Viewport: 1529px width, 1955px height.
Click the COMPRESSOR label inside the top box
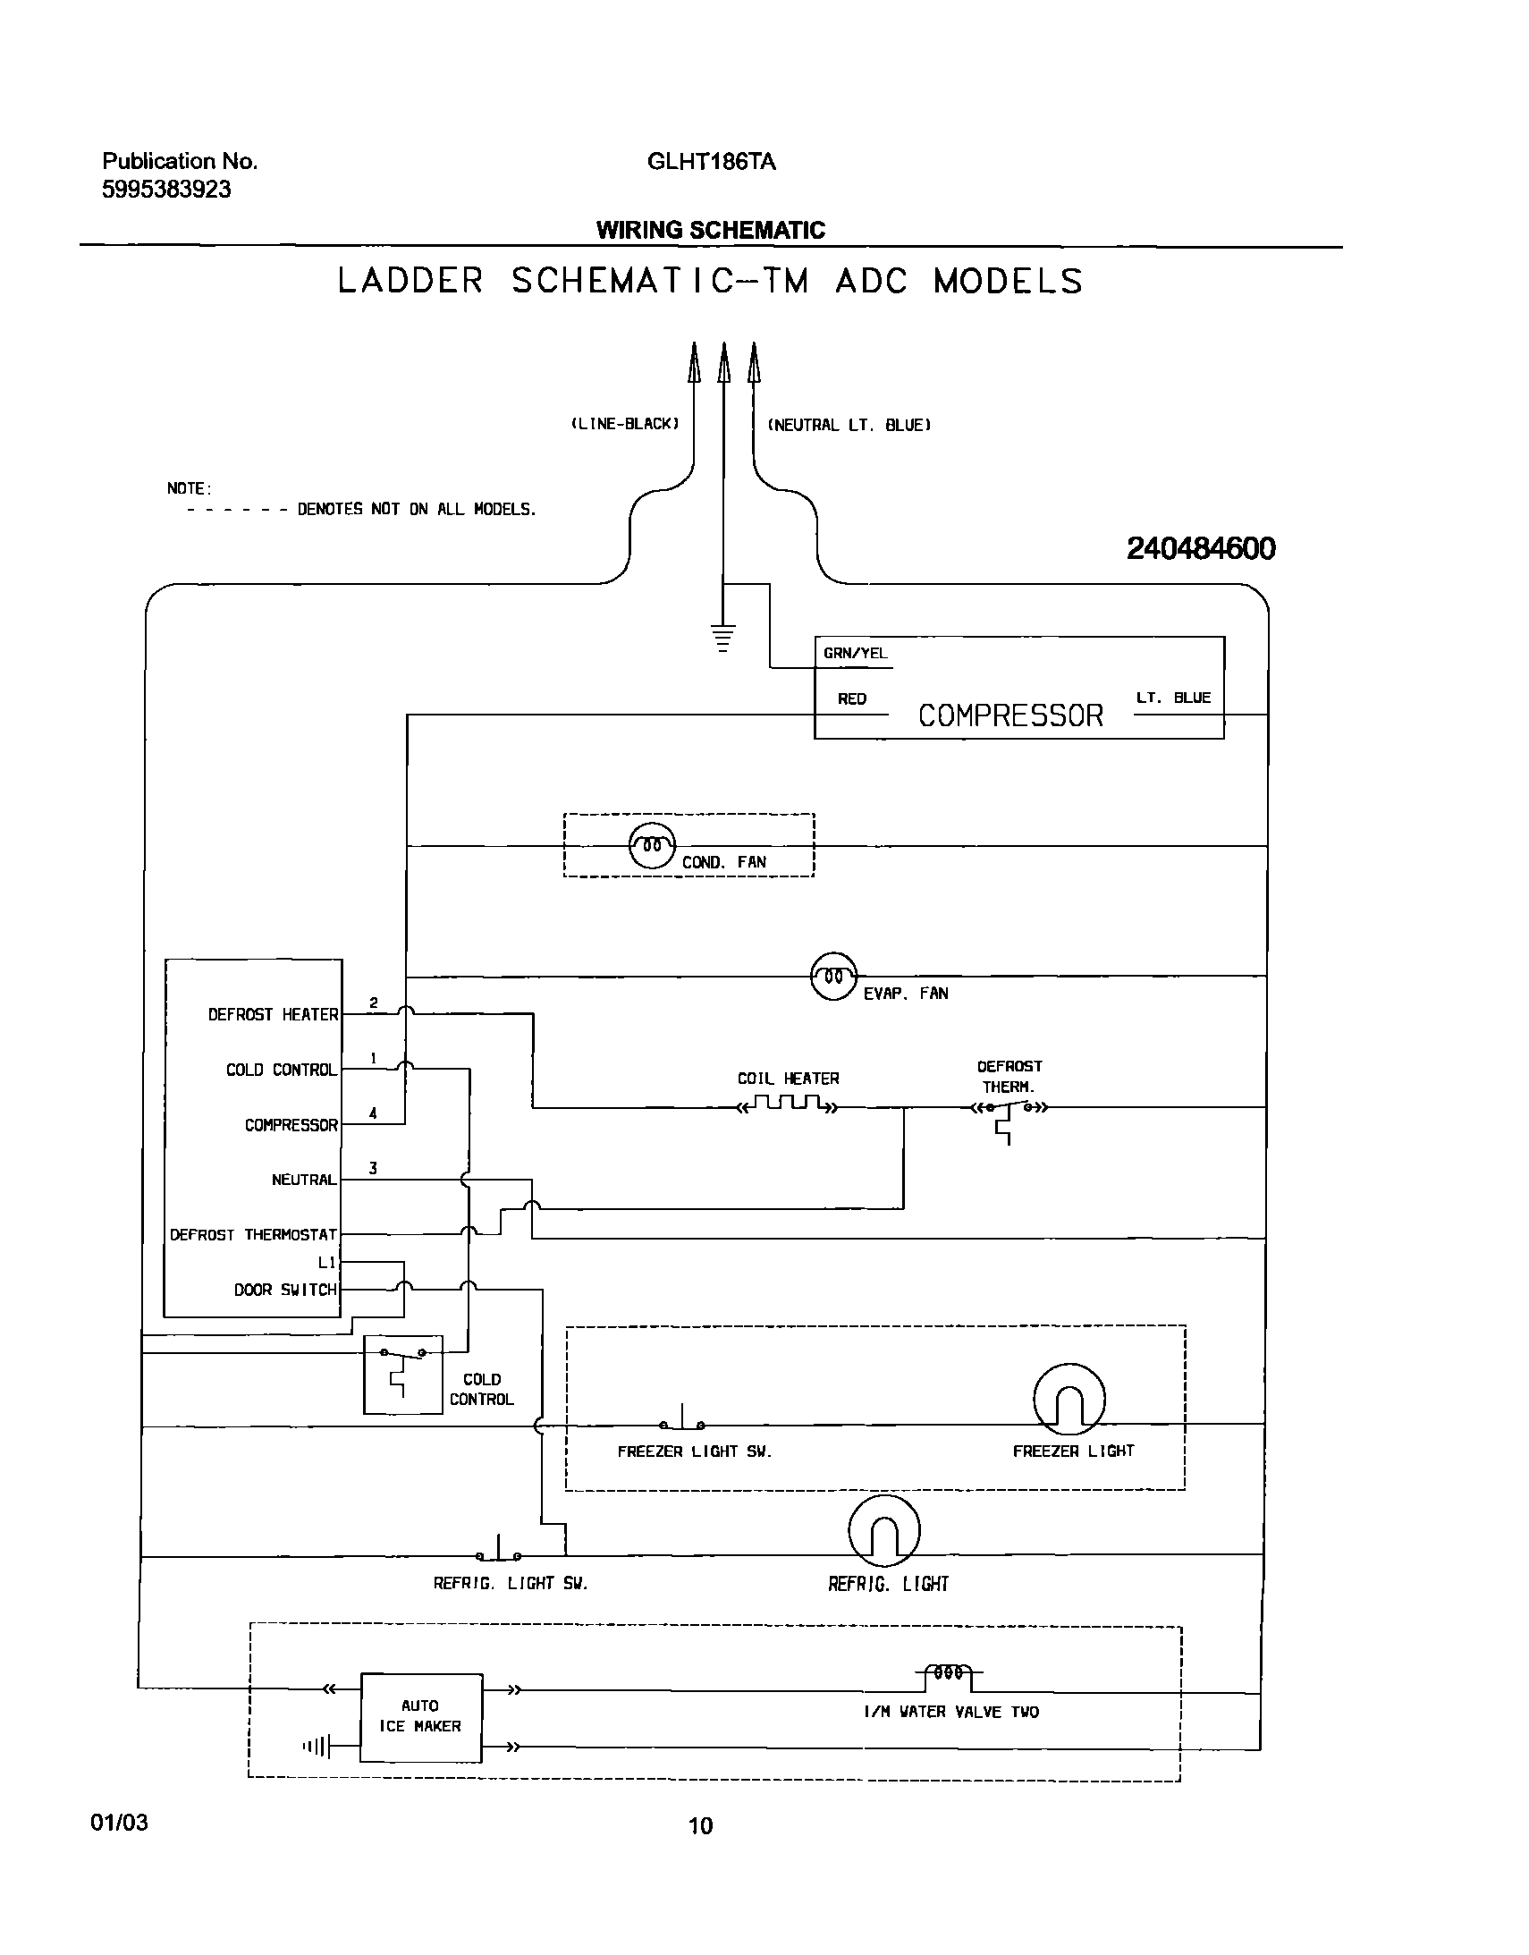click(1009, 715)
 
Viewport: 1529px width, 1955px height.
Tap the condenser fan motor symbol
click(652, 845)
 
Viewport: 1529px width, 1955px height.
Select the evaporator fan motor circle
click(833, 976)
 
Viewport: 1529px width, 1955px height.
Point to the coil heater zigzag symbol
click(787, 1104)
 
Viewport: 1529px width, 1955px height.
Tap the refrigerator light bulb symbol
click(883, 1531)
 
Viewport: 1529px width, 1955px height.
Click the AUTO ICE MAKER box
click(421, 1717)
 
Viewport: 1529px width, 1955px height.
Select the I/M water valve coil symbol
click(949, 1671)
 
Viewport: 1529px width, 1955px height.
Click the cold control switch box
click(403, 1375)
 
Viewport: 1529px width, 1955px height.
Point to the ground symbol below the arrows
click(723, 637)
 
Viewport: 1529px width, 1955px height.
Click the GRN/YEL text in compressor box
click(855, 654)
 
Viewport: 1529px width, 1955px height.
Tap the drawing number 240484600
click(1201, 548)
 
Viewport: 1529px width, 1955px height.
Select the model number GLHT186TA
click(711, 162)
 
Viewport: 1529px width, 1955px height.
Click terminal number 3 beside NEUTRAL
click(372, 1168)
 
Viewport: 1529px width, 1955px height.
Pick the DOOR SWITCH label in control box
click(285, 1290)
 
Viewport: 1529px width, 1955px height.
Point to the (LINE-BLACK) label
click(625, 423)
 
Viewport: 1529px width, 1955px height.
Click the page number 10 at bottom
click(700, 1825)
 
